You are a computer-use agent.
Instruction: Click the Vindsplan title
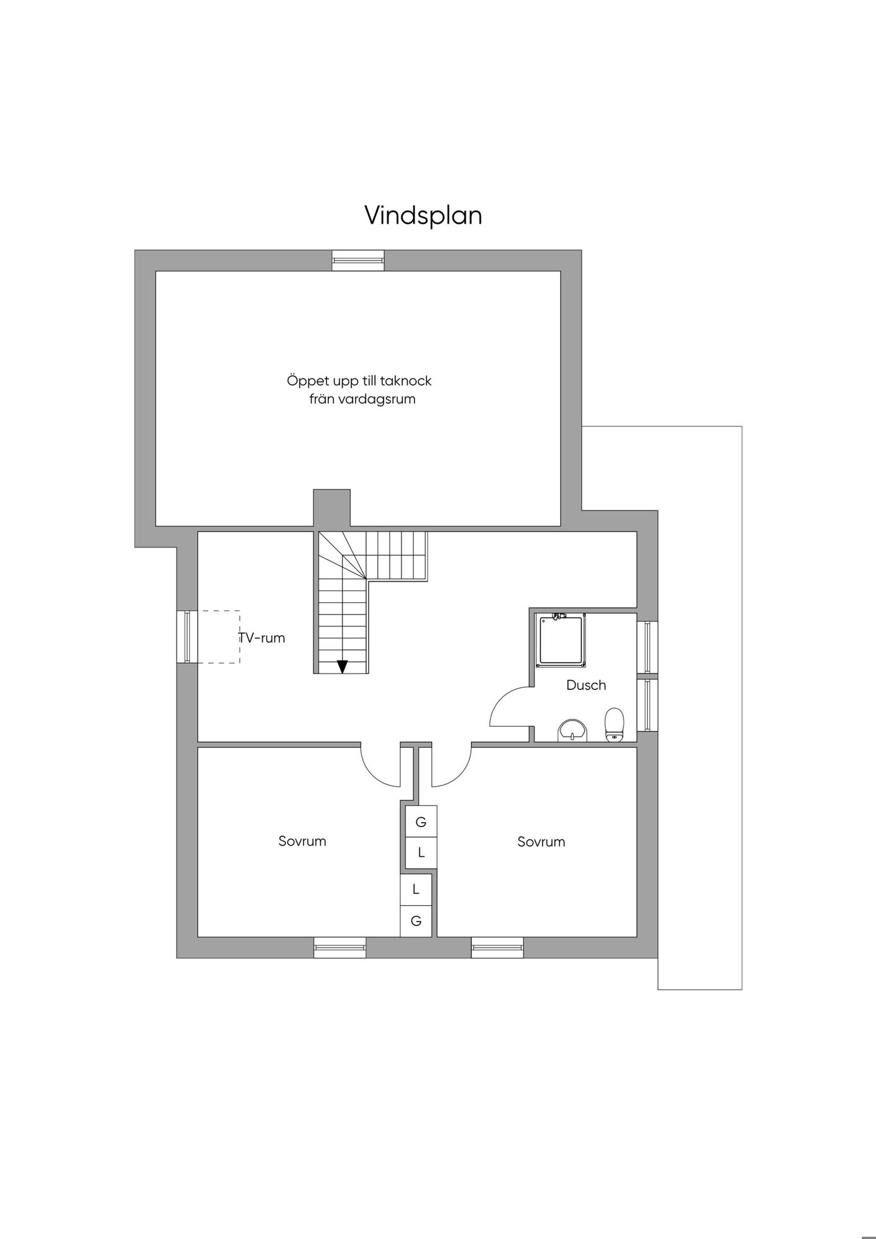tap(423, 216)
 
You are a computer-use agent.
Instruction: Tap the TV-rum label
tap(261, 637)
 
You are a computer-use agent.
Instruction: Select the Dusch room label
tap(586, 685)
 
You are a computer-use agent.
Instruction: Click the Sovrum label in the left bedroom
tap(302, 841)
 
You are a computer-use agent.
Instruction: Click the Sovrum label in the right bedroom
tap(541, 841)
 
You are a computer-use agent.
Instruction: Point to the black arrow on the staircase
tap(342, 666)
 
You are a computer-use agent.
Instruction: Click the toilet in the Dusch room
tap(615, 724)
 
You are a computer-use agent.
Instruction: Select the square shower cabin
tap(561, 640)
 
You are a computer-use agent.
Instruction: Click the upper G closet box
tap(421, 821)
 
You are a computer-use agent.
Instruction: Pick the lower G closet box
tap(416, 921)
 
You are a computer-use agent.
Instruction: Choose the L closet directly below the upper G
tap(421, 852)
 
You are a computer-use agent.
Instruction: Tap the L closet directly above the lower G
tap(416, 889)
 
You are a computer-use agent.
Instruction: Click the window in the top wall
tap(358, 260)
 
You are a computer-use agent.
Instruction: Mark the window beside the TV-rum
tap(187, 637)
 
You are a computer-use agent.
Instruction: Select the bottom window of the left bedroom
tap(339, 947)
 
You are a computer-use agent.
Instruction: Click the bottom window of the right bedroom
tap(497, 947)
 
